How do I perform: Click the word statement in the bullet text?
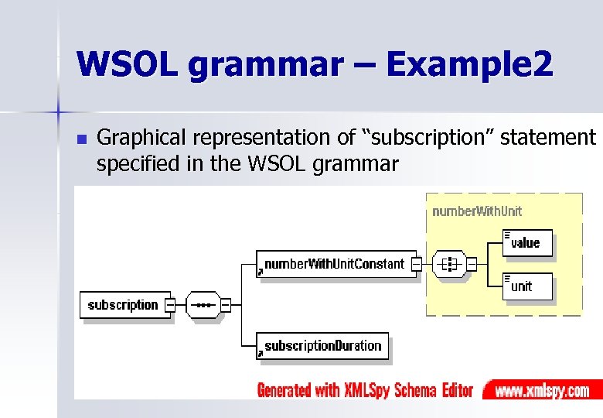coord(548,139)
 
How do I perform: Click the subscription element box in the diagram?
coord(122,305)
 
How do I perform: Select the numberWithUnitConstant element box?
coord(334,264)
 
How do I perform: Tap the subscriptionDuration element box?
coord(322,346)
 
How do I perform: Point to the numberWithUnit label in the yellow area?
coord(477,211)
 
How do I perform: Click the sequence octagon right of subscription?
coord(204,305)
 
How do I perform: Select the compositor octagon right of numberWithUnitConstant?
coord(448,264)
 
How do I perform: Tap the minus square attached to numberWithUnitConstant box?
coord(416,264)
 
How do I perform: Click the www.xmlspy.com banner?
coord(542,390)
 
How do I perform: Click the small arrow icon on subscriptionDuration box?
coord(261,352)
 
